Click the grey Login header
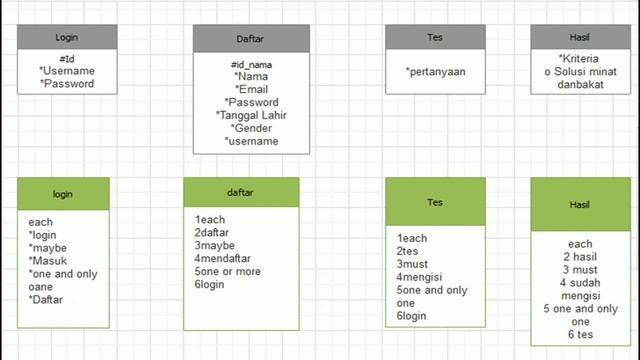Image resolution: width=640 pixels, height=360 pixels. point(67,37)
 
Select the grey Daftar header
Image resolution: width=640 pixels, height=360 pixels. point(251,38)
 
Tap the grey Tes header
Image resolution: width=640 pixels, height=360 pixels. point(435,37)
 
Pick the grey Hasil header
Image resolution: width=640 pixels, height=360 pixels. point(580,37)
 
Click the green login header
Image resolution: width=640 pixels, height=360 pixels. point(63,194)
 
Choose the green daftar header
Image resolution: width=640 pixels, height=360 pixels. point(241,192)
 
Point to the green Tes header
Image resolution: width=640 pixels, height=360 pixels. point(435,202)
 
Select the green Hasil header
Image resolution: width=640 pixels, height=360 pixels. point(580,204)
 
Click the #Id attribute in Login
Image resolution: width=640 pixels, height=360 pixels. point(67,59)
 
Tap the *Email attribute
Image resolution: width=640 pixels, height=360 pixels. point(251,89)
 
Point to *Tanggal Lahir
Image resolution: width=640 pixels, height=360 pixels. point(251,116)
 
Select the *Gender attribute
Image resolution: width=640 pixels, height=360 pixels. point(251,128)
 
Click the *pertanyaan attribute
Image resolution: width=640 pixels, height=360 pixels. point(436,72)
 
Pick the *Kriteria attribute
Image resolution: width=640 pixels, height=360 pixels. point(579,59)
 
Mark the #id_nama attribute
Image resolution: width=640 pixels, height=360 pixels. point(251,64)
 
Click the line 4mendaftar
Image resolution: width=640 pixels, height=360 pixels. point(222,258)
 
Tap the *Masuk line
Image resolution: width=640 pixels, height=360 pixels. point(47,261)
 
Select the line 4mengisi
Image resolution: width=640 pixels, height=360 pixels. point(419,277)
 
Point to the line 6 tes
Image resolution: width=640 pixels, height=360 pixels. point(580,334)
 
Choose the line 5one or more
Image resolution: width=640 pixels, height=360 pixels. point(227,271)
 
